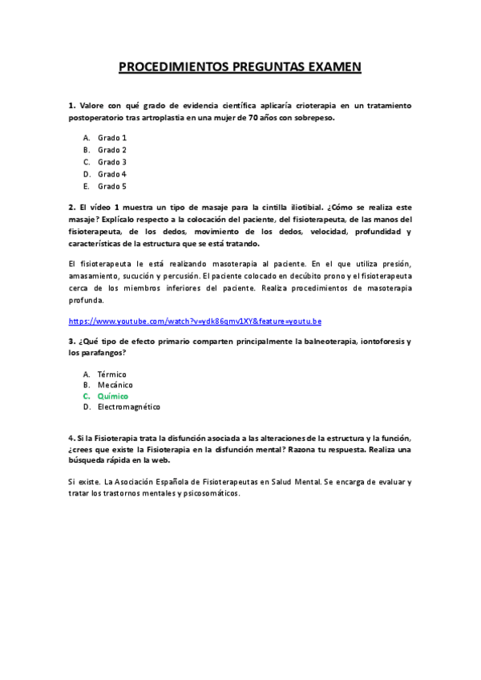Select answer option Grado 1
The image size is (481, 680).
[x=112, y=138]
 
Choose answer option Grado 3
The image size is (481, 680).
[x=112, y=162]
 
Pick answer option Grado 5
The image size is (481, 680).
[x=112, y=186]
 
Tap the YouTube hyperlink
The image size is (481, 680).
[x=195, y=321]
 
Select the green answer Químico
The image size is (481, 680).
[x=112, y=396]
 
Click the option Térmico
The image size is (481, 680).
[x=112, y=374]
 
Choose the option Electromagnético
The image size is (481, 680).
[x=129, y=407]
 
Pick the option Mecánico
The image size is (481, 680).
[x=115, y=385]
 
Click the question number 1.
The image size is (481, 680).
[x=71, y=105]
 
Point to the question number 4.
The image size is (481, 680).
[x=71, y=438]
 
